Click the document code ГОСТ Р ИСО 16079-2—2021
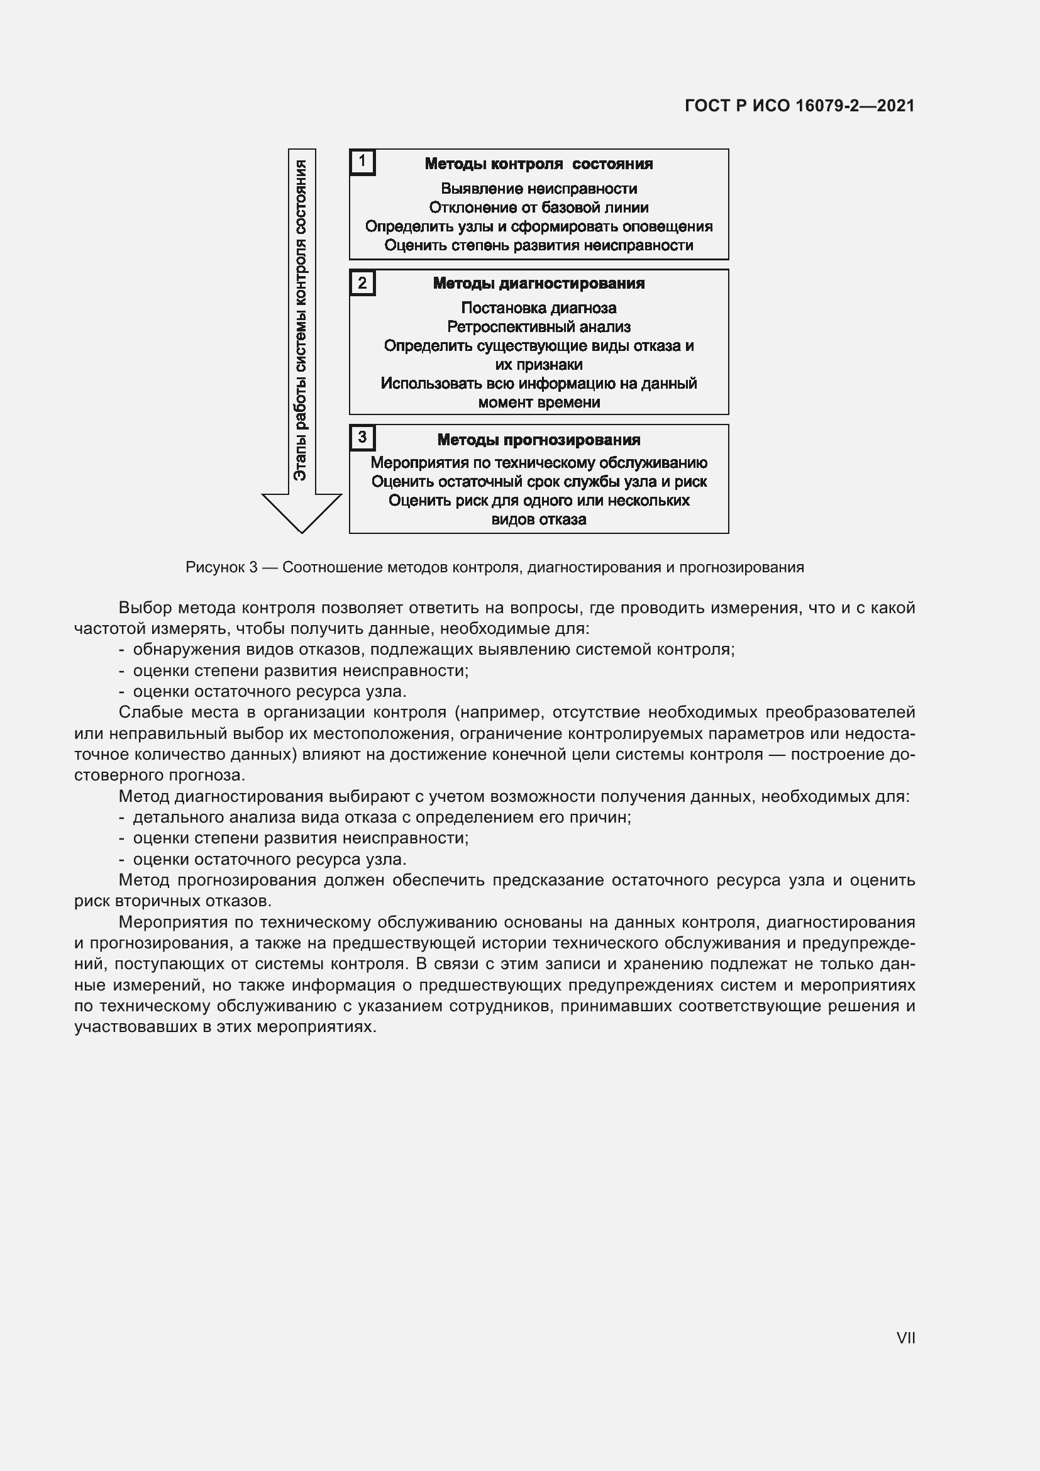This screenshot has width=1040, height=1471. [x=799, y=106]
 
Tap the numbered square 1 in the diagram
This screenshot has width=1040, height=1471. [x=362, y=162]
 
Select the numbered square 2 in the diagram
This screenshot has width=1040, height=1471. [x=362, y=282]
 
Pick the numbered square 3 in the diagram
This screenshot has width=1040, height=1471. [x=362, y=438]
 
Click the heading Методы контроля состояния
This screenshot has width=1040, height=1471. [x=539, y=164]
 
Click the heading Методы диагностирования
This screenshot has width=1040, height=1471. [x=539, y=283]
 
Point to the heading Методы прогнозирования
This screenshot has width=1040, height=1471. [x=539, y=440]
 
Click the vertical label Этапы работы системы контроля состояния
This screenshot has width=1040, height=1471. [x=301, y=320]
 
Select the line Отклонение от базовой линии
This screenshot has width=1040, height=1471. [x=539, y=208]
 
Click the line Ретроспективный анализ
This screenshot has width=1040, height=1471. [x=539, y=327]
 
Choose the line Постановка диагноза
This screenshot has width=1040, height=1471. [x=539, y=308]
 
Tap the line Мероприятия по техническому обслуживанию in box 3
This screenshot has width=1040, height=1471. [x=539, y=463]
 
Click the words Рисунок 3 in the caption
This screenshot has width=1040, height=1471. [x=221, y=567]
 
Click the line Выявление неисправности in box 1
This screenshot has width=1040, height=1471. [x=539, y=189]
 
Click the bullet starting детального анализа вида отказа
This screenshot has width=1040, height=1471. [x=382, y=818]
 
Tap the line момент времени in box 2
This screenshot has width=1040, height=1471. [x=539, y=402]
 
